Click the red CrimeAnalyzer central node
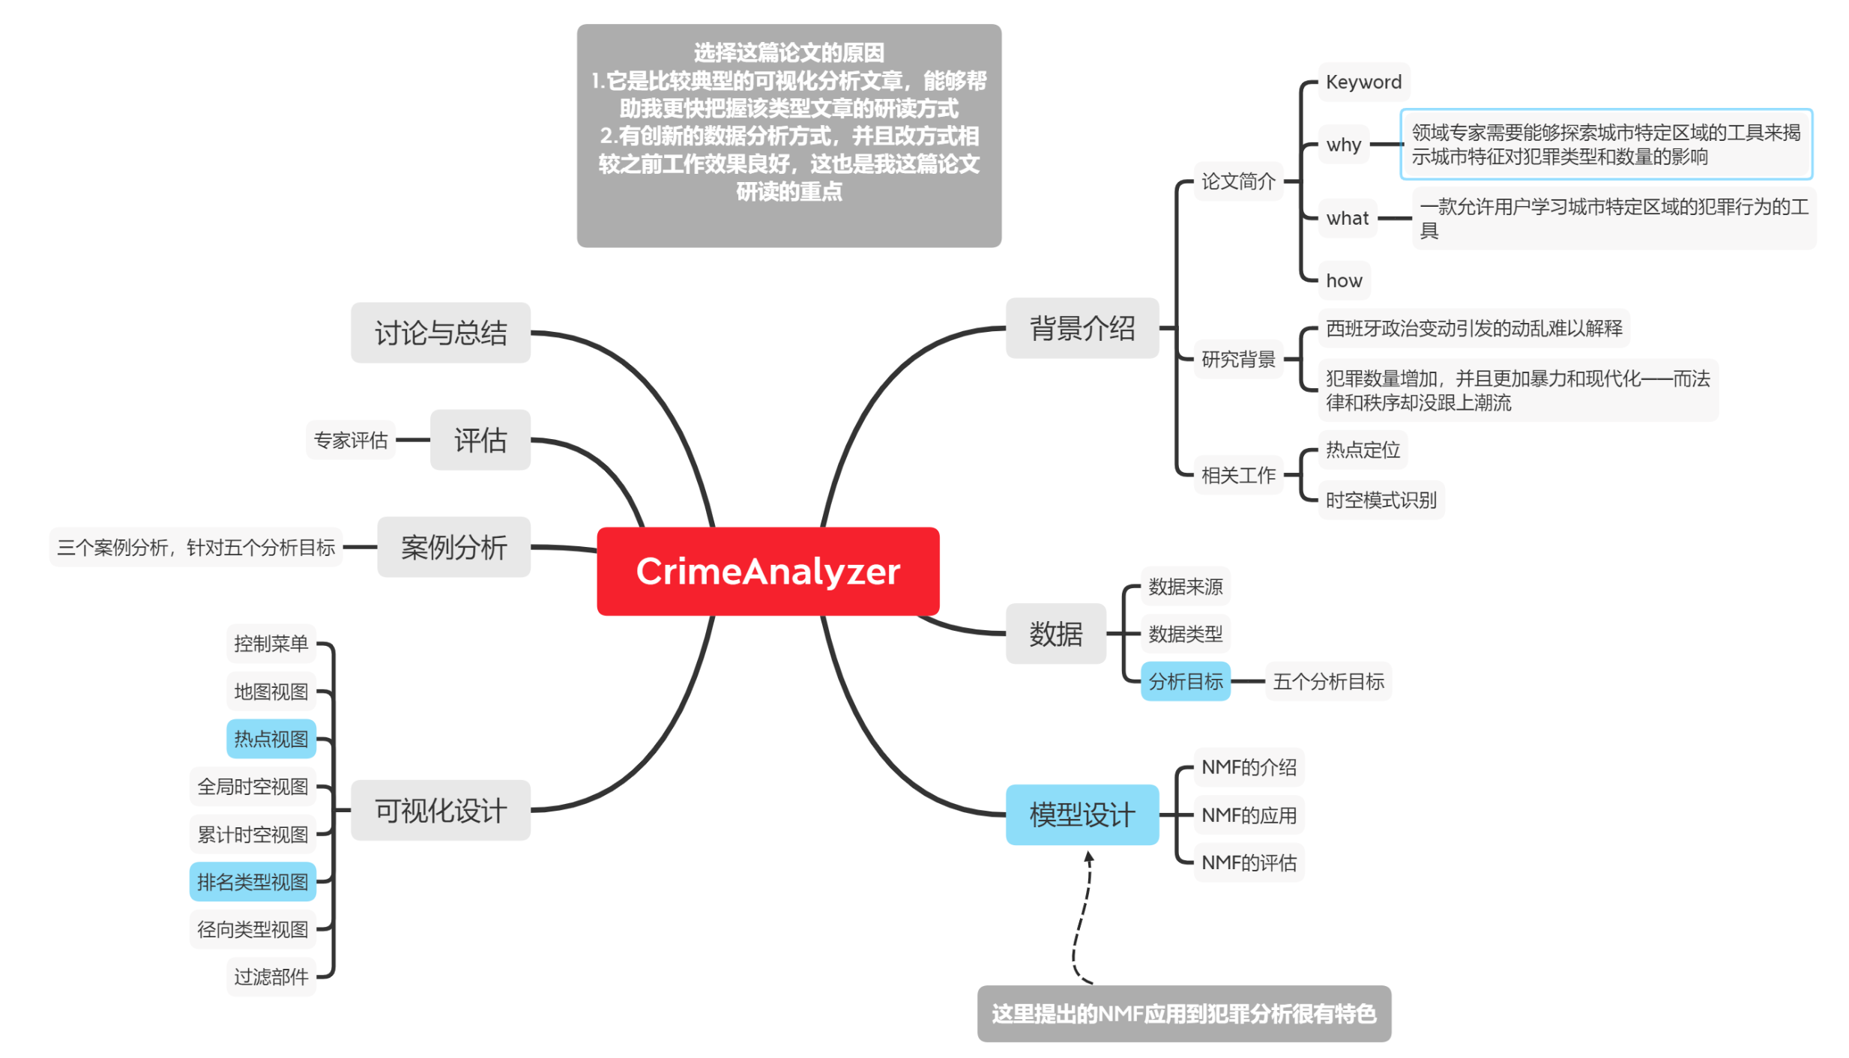[x=767, y=571]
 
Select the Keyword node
[x=1362, y=82]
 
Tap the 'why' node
[x=1342, y=144]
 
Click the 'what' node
[x=1346, y=218]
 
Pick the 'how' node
[x=1343, y=280]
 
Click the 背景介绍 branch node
[x=1081, y=328]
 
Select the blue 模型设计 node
[x=1081, y=814]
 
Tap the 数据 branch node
[x=1055, y=634]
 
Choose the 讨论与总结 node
[x=440, y=333]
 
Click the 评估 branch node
[x=480, y=440]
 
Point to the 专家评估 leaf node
[x=350, y=440]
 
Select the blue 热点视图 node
[x=271, y=739]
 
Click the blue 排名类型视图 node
[x=253, y=882]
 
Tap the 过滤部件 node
[x=271, y=976]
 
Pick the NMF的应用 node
[x=1248, y=814]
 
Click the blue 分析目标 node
[x=1184, y=681]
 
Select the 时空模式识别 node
[x=1380, y=500]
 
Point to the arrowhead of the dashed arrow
[x=1088, y=856]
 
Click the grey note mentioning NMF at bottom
[x=1183, y=1013]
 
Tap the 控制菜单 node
[x=271, y=643]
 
